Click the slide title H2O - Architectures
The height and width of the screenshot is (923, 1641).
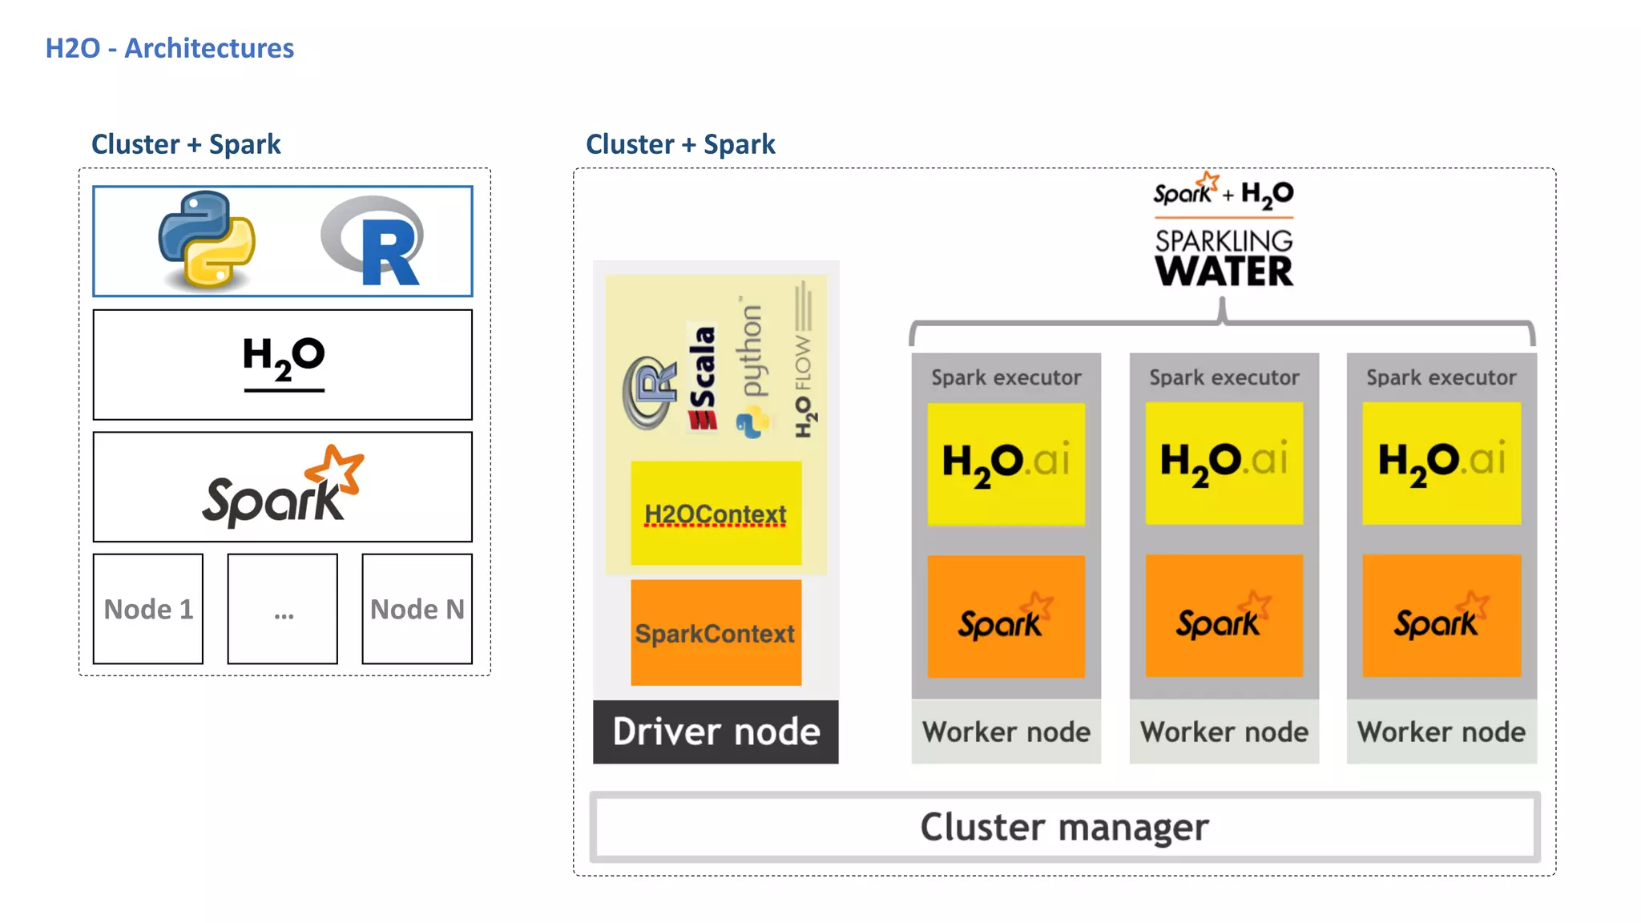point(169,48)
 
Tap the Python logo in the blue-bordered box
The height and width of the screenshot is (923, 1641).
point(207,240)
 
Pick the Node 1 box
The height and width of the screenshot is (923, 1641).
point(148,609)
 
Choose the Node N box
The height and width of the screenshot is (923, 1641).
point(417,609)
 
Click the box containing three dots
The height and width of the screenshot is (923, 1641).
point(283,609)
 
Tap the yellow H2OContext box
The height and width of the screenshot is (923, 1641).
point(716,514)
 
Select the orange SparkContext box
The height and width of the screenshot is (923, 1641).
point(716,633)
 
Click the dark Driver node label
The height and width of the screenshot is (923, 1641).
point(716,732)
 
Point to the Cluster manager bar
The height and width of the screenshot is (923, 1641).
point(1064,827)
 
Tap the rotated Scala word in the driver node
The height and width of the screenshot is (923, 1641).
point(703,377)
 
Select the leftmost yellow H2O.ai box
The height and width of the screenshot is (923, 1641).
point(1006,463)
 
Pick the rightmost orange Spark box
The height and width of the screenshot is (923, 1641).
point(1441,615)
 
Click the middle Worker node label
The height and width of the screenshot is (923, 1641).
point(1224,732)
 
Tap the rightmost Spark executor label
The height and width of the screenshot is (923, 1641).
point(1441,377)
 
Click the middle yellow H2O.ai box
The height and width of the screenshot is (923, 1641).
point(1224,463)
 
